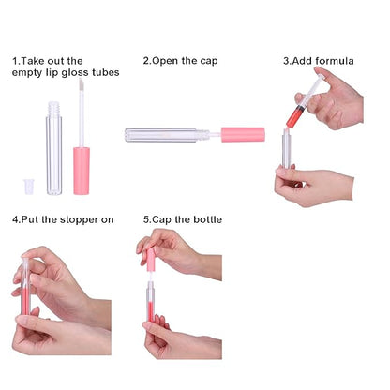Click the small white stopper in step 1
(29, 187)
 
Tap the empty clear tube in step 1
(54, 148)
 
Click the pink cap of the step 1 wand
(82, 171)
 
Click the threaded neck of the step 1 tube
(54, 108)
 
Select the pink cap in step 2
(244, 135)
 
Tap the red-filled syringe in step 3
(304, 101)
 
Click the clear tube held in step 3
(286, 149)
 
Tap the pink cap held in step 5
(151, 260)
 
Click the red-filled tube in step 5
(151, 301)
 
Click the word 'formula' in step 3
(335, 61)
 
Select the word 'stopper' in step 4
(79, 220)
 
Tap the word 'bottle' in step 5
(208, 219)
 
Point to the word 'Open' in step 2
(165, 61)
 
